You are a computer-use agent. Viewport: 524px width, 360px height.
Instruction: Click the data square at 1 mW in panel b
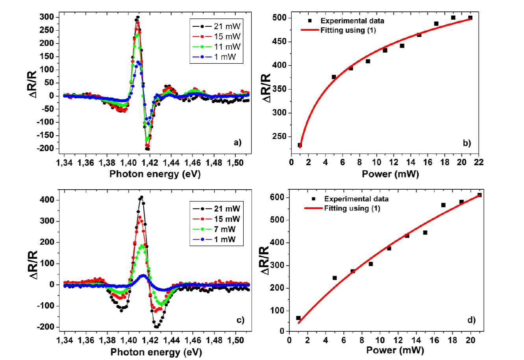click(x=300, y=145)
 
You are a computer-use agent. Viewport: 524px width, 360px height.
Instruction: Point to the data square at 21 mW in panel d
click(x=479, y=195)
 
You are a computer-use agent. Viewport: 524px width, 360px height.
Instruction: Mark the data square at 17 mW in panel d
click(x=443, y=205)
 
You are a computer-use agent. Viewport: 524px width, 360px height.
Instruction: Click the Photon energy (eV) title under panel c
click(x=156, y=351)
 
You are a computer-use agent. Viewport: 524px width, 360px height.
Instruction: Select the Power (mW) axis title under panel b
click(x=390, y=174)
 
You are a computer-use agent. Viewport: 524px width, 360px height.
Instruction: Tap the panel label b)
click(x=467, y=143)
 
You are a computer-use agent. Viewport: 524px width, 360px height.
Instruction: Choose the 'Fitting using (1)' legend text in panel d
click(x=352, y=208)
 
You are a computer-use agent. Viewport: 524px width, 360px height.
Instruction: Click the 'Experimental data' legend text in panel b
click(x=352, y=20)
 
